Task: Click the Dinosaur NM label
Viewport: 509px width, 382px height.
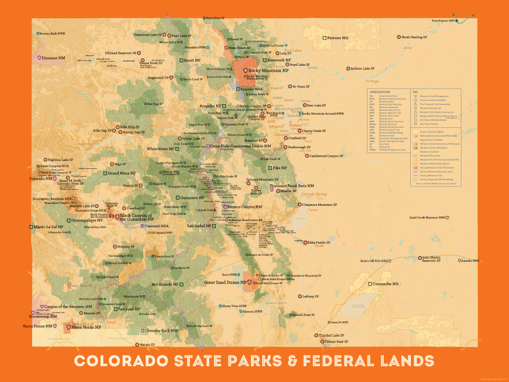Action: tap(54, 58)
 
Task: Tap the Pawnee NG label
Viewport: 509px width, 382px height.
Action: tap(338, 38)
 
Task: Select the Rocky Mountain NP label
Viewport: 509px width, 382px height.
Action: tap(268, 71)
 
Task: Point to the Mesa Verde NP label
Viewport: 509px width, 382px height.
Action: tap(86, 328)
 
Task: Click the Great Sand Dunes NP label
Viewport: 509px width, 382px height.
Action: tap(225, 282)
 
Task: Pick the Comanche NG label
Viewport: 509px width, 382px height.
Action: tap(389, 284)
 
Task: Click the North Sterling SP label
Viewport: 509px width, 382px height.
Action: tap(419, 37)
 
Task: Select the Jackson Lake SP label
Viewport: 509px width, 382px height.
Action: tap(362, 68)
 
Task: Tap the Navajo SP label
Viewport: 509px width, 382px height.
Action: tap(147, 345)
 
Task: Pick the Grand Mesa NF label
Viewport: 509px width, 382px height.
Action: tap(121, 173)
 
